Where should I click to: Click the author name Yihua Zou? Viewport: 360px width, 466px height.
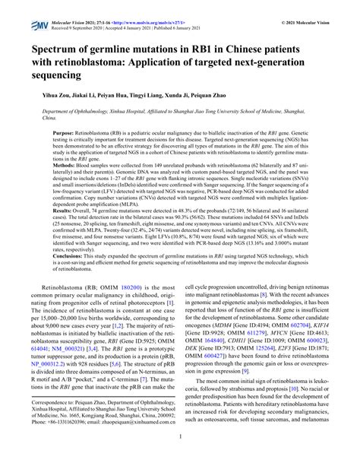click(x=48, y=97)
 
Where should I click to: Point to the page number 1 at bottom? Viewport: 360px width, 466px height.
click(x=180, y=458)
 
